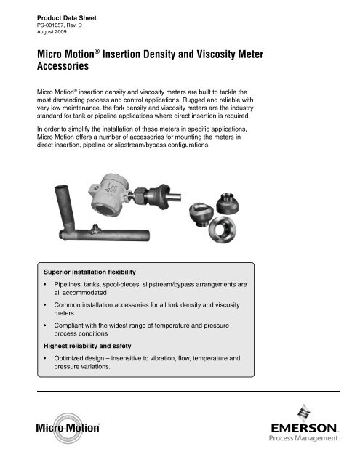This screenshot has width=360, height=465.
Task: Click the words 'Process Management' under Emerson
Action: point(305,438)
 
